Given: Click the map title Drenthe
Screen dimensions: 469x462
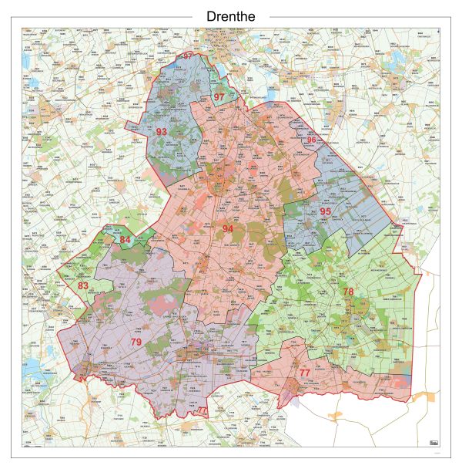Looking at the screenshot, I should [231, 16].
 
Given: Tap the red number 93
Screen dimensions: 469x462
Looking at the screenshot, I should [162, 132].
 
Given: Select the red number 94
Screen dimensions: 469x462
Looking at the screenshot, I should [228, 229].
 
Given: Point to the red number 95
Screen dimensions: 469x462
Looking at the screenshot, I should [326, 211].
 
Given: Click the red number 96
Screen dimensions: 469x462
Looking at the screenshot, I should [311, 140].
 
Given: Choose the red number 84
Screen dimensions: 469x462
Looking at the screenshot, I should [126, 240].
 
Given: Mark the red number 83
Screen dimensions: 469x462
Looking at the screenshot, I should [82, 286].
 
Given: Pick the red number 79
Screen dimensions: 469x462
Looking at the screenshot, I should [136, 342].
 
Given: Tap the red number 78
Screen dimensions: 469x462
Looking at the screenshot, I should [349, 291].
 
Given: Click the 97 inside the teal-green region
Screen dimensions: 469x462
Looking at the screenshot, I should [219, 96].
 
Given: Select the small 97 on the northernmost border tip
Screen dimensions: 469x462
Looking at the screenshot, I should [188, 56].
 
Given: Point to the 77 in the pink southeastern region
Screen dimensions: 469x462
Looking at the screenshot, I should [305, 373].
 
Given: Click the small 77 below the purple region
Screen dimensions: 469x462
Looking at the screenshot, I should [202, 410].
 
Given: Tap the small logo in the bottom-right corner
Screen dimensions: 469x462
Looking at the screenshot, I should [433, 442].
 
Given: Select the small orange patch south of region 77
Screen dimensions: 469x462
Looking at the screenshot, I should [336, 416].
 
